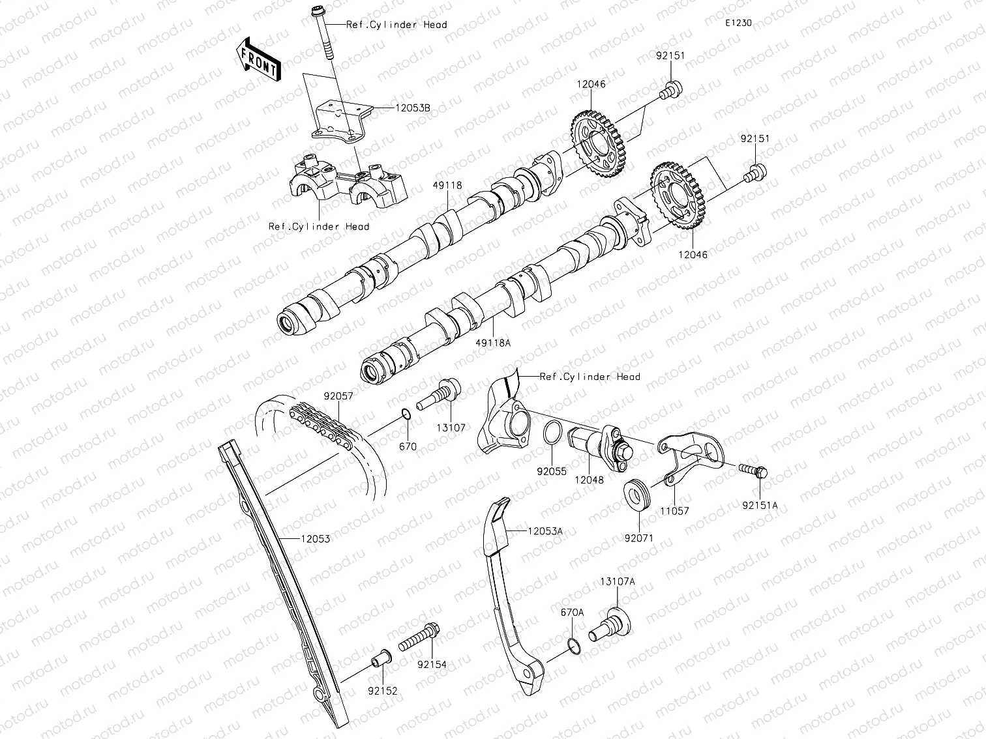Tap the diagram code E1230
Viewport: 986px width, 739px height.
[x=738, y=23]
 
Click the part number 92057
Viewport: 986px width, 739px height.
[x=338, y=396]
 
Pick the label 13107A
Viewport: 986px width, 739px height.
[x=618, y=581]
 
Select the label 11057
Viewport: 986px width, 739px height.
[x=674, y=512]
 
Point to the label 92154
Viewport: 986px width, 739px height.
[x=432, y=665]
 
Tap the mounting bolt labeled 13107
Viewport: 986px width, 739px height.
[x=440, y=394]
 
